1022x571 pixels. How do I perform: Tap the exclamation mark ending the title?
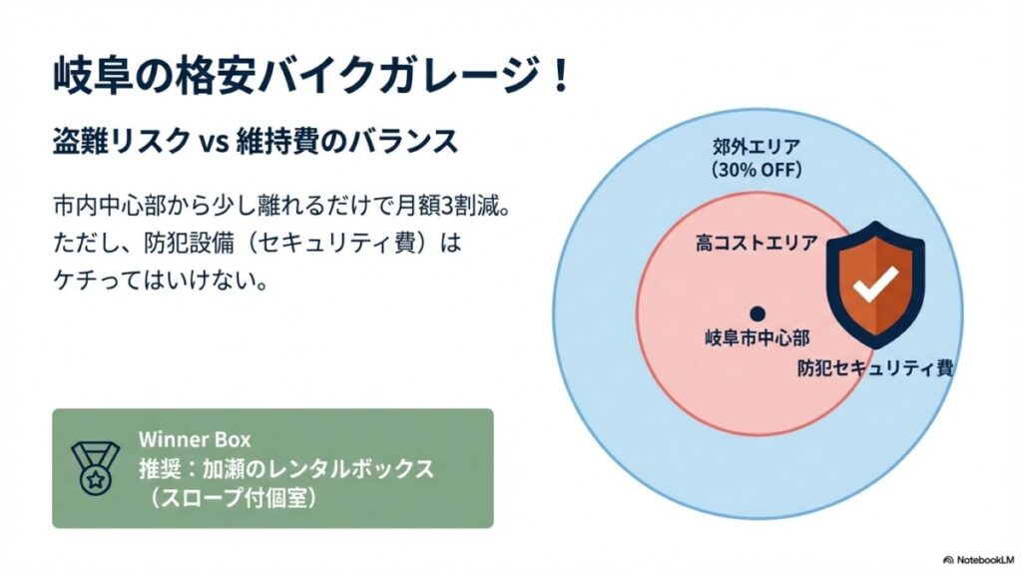[559, 77]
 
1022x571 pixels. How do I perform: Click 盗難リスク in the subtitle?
[122, 142]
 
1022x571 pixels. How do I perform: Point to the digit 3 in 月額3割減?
[449, 207]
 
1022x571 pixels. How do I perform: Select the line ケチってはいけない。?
[161, 281]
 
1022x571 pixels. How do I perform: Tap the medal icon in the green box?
[95, 468]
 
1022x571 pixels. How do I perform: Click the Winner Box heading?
[195, 439]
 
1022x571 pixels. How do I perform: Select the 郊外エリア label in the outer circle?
[757, 147]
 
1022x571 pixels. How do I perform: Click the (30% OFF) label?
[757, 170]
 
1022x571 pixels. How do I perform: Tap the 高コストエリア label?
[757, 244]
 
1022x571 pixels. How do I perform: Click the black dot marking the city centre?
[757, 314]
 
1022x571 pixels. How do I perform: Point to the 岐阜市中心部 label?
[757, 338]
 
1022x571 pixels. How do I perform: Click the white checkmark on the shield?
[875, 284]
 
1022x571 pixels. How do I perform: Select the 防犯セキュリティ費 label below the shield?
[875, 368]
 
